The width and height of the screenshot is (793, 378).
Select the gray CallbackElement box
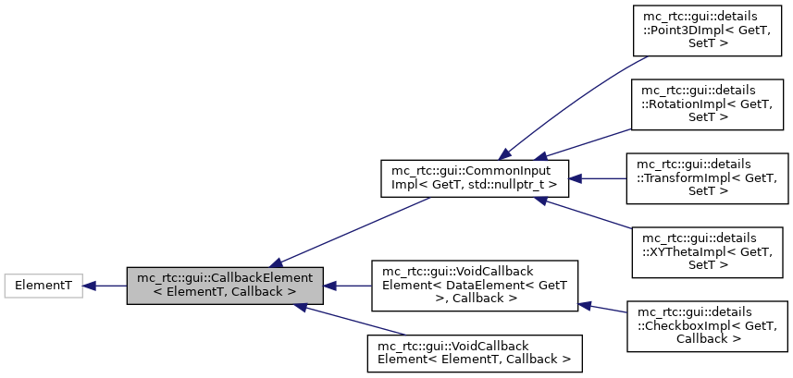pyautogui.click(x=225, y=287)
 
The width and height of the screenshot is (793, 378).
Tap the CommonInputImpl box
pyautogui.click(x=474, y=178)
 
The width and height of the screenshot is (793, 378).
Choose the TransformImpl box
pyautogui.click(x=707, y=178)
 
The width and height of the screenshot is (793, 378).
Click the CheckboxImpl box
pyautogui.click(x=707, y=324)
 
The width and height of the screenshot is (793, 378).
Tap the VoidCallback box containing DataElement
pyautogui.click(x=474, y=287)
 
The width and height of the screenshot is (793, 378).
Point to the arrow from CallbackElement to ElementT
pyautogui.click(x=104, y=287)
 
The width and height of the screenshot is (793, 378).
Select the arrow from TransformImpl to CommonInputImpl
pyautogui.click(x=597, y=178)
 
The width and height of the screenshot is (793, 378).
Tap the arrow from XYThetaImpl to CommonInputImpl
pyautogui.click(x=583, y=214)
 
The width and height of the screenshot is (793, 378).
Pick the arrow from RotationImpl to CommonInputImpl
pyautogui.click(x=583, y=142)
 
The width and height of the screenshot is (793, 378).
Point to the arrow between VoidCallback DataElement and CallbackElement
pyautogui.click(x=347, y=287)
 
